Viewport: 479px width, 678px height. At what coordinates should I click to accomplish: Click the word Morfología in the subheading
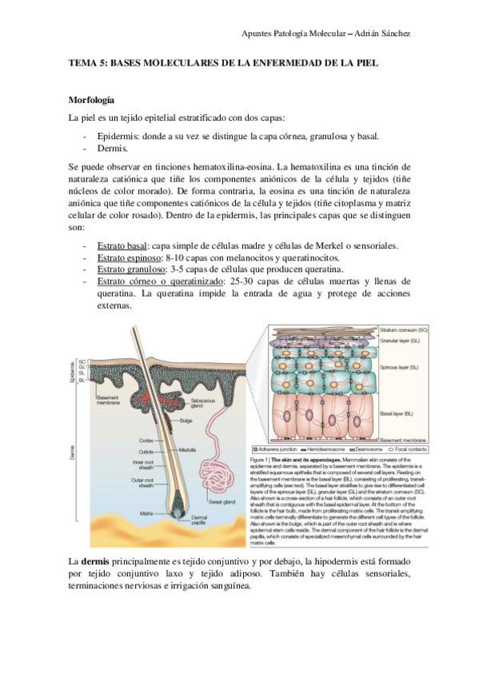(91, 102)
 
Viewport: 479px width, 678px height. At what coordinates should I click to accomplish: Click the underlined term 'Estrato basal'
(122, 245)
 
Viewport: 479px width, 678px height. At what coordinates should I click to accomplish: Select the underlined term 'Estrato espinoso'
(129, 257)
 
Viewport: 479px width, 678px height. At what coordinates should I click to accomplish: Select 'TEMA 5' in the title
(87, 62)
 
